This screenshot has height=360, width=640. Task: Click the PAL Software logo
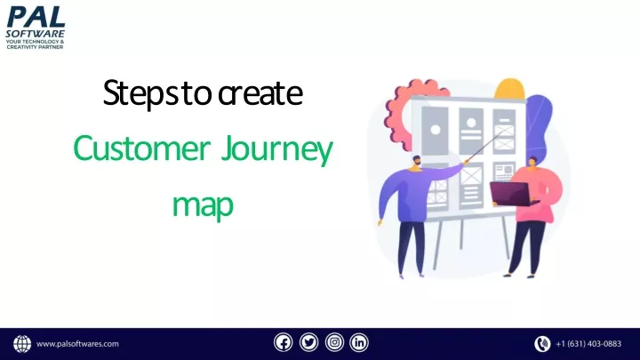click(35, 28)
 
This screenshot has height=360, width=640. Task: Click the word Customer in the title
click(141, 148)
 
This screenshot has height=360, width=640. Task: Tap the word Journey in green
click(277, 150)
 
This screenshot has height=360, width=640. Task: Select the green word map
click(203, 206)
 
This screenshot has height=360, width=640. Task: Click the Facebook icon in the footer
click(284, 342)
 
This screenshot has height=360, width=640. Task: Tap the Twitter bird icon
click(309, 342)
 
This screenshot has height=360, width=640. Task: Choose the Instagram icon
click(334, 342)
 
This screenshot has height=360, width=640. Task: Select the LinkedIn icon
click(359, 342)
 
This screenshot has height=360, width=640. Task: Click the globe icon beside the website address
click(22, 344)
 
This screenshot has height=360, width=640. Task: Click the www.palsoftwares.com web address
click(77, 344)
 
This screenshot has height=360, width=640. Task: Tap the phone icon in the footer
click(542, 344)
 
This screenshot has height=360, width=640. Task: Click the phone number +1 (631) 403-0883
click(588, 344)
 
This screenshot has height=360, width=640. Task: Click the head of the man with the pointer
click(416, 163)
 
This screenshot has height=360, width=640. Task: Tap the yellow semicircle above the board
click(509, 89)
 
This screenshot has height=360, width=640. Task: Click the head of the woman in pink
click(532, 163)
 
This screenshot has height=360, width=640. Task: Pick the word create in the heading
click(260, 93)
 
